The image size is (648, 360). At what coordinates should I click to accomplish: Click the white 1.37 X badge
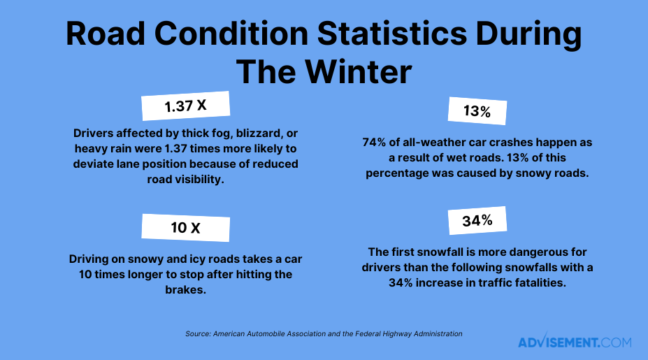click(185, 106)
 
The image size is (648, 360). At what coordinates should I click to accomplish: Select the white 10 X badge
click(185, 228)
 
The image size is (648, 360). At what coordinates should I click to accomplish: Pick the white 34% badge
click(477, 220)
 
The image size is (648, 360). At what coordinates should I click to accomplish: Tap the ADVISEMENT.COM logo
click(575, 343)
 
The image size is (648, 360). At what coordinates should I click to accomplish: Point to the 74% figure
click(375, 142)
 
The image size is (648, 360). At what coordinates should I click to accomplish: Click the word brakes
click(186, 289)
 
